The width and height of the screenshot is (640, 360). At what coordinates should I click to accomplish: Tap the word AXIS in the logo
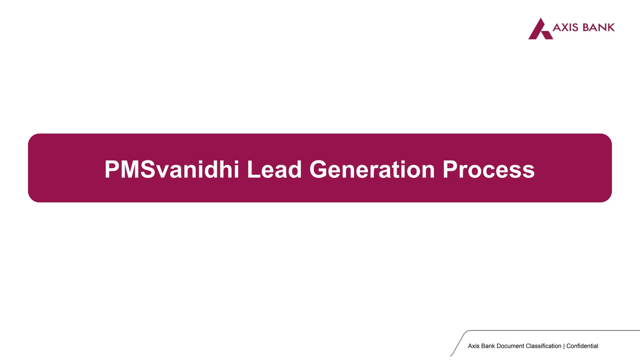(565, 27)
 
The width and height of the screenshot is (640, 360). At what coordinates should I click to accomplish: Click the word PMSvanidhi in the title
(172, 170)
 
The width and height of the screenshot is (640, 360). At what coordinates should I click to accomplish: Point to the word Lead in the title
(274, 170)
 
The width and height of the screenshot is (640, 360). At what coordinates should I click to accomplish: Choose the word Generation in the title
(372, 170)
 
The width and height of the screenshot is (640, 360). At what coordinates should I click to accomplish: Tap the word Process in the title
(488, 170)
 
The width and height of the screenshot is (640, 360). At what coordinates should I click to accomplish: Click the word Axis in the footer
(474, 346)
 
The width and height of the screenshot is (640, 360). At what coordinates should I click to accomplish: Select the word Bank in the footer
(488, 346)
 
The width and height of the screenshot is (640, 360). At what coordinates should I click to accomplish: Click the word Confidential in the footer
(582, 346)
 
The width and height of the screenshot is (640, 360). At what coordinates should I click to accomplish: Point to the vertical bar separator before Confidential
(564, 346)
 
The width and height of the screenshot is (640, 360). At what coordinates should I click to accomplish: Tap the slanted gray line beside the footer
(457, 344)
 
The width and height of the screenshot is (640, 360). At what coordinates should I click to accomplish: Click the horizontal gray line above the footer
(553, 330)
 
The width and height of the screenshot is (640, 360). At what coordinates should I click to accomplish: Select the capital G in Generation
(319, 170)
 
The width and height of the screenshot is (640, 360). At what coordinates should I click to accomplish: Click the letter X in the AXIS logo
(566, 27)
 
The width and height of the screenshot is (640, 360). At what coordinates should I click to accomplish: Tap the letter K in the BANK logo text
(610, 27)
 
